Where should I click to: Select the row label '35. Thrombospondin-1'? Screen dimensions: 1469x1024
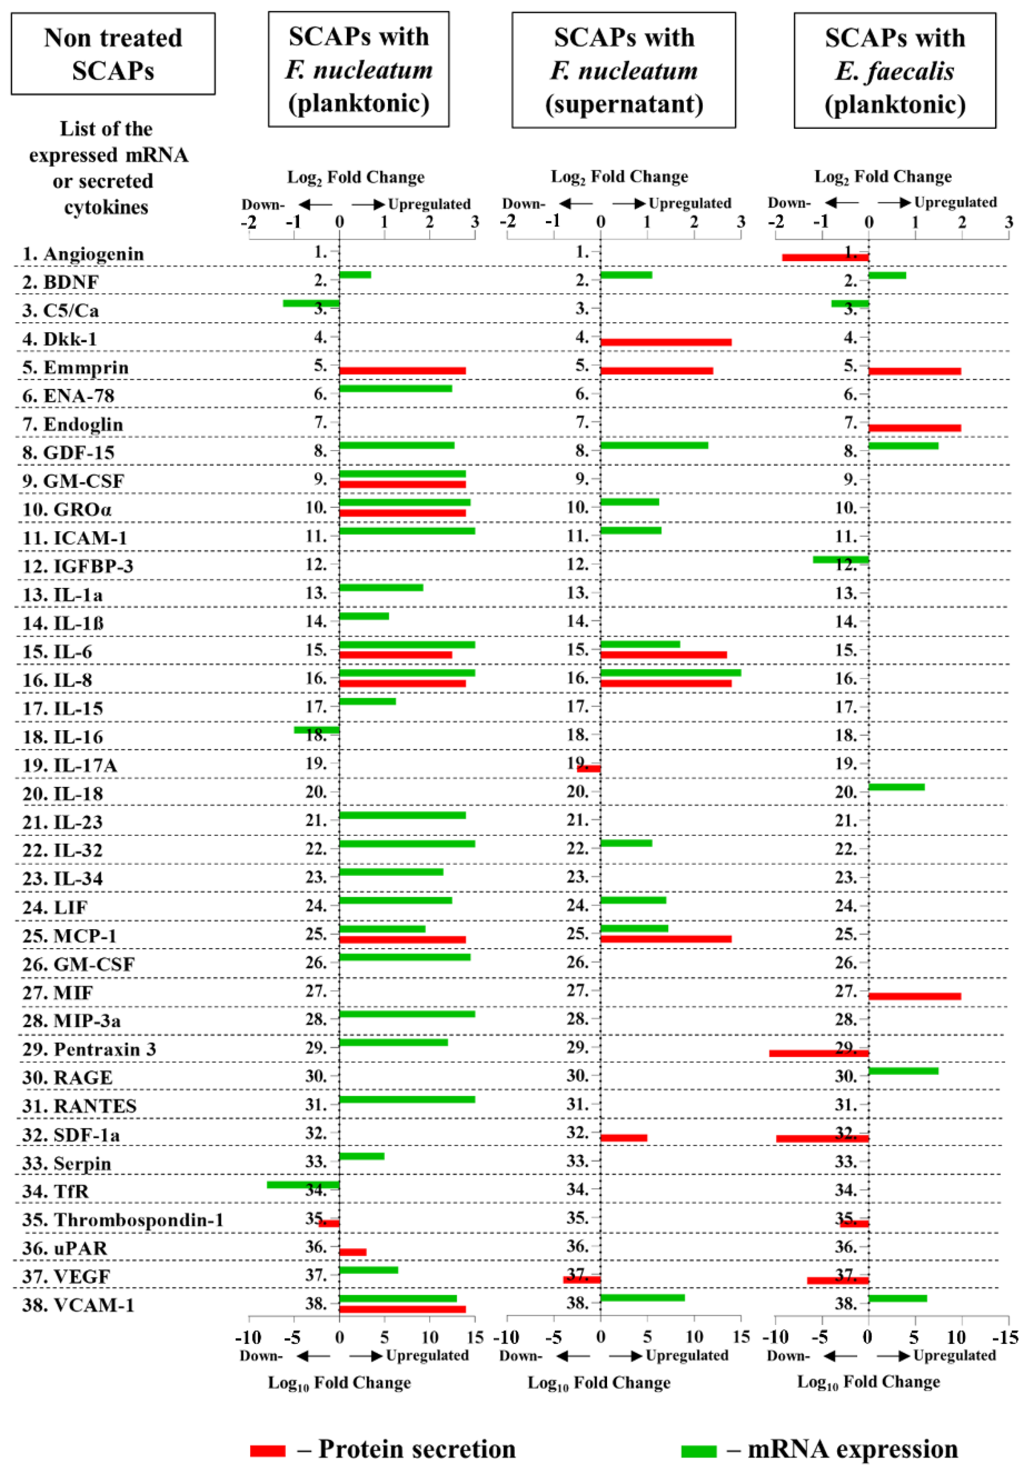tap(123, 1219)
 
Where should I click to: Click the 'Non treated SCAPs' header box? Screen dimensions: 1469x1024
tap(113, 54)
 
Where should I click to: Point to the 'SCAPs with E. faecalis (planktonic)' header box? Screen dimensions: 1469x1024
tap(894, 71)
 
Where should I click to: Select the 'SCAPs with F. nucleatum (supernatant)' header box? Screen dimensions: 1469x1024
tap(623, 71)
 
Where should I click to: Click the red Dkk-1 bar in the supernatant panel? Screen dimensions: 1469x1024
tap(666, 342)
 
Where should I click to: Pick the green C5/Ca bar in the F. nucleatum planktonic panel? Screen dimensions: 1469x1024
tap(311, 303)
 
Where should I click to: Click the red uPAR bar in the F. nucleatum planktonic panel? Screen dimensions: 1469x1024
tap(352, 1252)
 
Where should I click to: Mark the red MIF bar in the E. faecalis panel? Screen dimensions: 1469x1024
tap(915, 996)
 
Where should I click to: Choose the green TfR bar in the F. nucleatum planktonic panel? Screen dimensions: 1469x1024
tap(303, 1185)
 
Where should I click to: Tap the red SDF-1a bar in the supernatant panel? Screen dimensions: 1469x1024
tap(623, 1138)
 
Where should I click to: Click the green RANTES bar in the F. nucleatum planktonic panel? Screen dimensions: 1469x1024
tap(407, 1099)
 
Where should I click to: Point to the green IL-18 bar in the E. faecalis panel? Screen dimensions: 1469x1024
tap(896, 787)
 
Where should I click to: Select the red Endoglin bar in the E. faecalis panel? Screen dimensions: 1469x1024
tap(915, 428)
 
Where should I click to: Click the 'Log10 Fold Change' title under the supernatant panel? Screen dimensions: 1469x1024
tap(598, 1383)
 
